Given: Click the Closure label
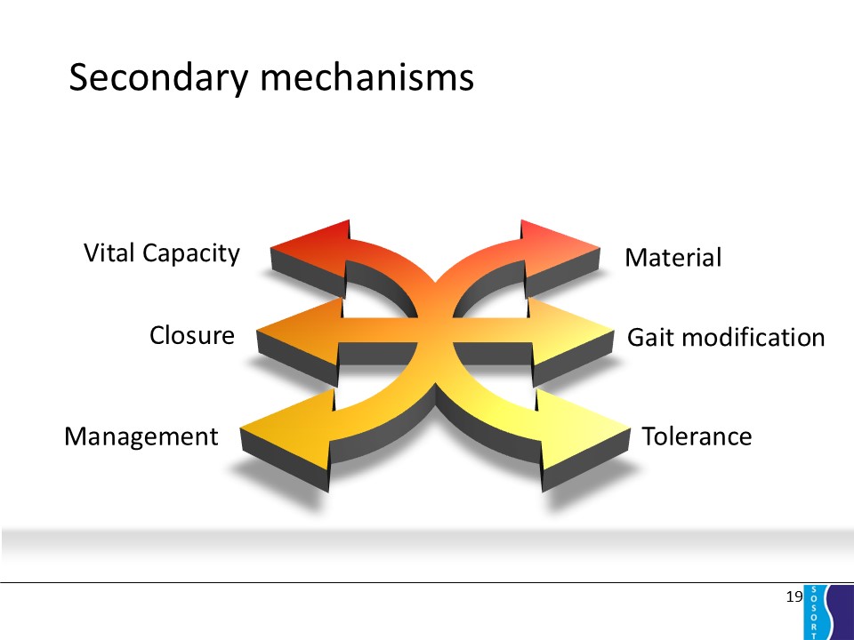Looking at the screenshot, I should (192, 335).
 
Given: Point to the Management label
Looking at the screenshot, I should (141, 437).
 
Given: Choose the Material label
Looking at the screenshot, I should (673, 259).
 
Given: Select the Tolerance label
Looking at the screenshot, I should (697, 437).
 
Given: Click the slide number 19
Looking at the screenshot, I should (794, 596).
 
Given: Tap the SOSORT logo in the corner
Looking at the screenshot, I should (828, 612).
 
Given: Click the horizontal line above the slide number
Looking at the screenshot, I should (427, 583).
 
